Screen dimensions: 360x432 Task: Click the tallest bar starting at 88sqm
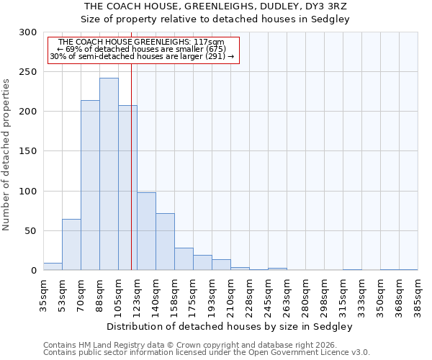coord(109,174)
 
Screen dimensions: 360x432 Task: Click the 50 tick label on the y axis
coord(30,231)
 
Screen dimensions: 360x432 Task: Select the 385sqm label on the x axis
coord(418,295)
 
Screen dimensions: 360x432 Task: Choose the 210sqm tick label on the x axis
coord(230,295)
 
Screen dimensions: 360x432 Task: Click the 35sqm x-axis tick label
coord(43,295)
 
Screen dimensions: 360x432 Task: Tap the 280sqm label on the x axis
coord(305,295)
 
